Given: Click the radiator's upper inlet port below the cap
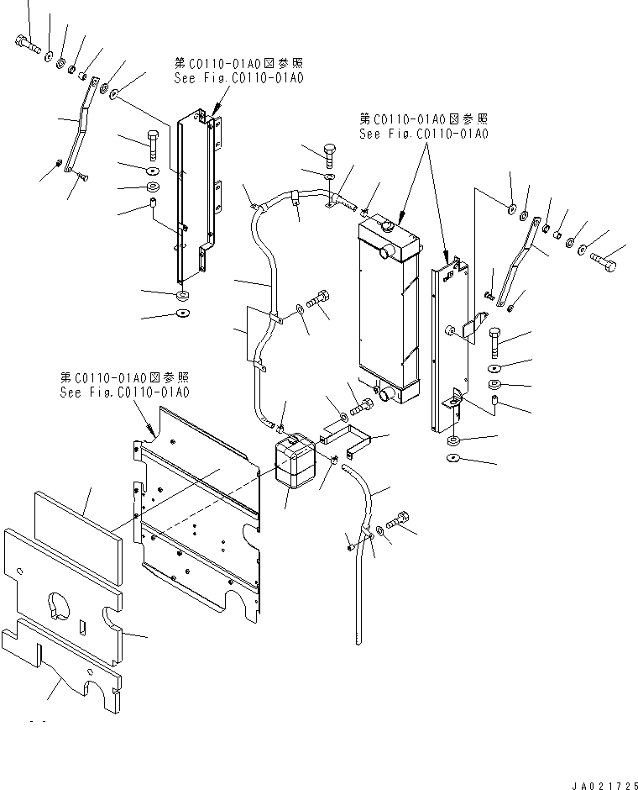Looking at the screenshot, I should [x=387, y=251].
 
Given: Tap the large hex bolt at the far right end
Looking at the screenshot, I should [x=604, y=264].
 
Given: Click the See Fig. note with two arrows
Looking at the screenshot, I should [x=423, y=127].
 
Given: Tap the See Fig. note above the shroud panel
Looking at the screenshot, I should [x=124, y=386].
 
